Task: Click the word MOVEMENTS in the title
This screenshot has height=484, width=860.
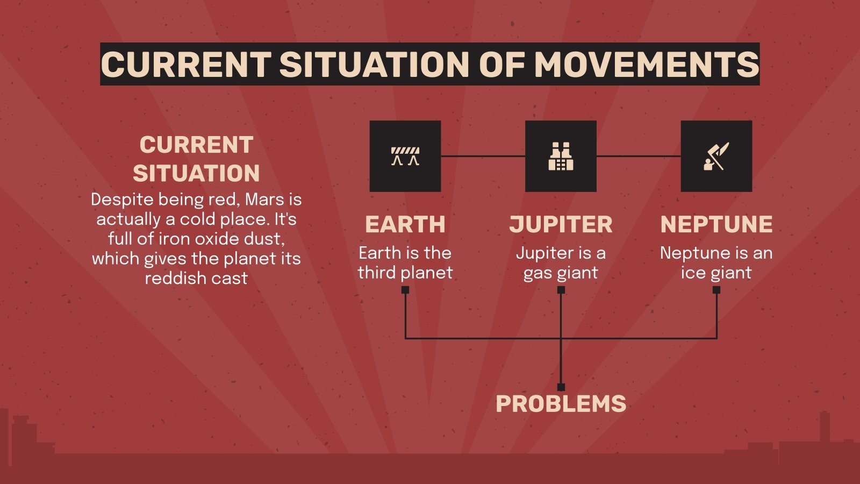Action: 646,64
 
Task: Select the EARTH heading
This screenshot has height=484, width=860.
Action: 405,224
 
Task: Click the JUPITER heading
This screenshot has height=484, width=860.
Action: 561,224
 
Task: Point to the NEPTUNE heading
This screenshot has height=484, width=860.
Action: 716,224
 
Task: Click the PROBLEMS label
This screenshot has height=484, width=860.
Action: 561,404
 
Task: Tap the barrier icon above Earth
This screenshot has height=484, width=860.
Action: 405,156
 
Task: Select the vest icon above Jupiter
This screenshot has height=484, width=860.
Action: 561,156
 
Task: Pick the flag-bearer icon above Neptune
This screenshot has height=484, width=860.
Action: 716,156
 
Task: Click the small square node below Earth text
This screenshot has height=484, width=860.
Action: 405,290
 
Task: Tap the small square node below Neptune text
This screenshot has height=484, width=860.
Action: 716,290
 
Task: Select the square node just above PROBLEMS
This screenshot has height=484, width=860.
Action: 561,387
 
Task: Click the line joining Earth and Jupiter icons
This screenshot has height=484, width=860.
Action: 483,156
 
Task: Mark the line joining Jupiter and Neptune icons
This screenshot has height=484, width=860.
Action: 639,156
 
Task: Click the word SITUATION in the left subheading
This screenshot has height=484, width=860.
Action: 196,174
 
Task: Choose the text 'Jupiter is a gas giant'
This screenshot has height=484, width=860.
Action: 561,262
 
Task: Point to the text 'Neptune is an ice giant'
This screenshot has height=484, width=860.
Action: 716,262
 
